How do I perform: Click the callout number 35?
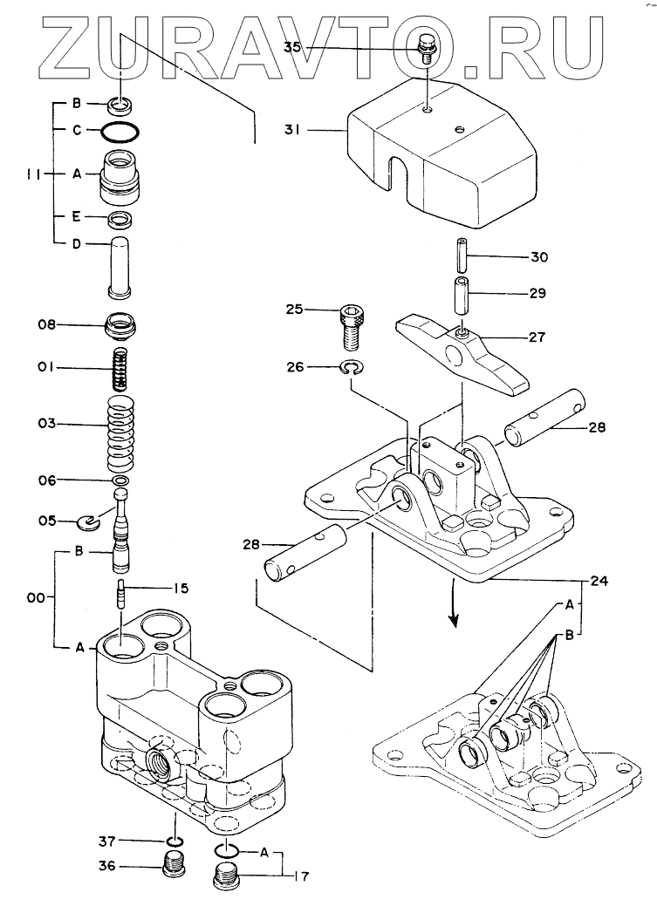click(292, 47)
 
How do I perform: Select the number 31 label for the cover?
click(292, 131)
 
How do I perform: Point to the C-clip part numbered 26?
click(352, 367)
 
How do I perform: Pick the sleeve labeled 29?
click(461, 296)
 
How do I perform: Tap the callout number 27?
click(537, 337)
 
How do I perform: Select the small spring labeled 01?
click(120, 370)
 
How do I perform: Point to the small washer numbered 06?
click(120, 480)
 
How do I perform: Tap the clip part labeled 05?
click(88, 523)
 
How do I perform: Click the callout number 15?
click(181, 589)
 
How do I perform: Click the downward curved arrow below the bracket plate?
click(454, 603)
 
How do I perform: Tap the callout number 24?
click(599, 580)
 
